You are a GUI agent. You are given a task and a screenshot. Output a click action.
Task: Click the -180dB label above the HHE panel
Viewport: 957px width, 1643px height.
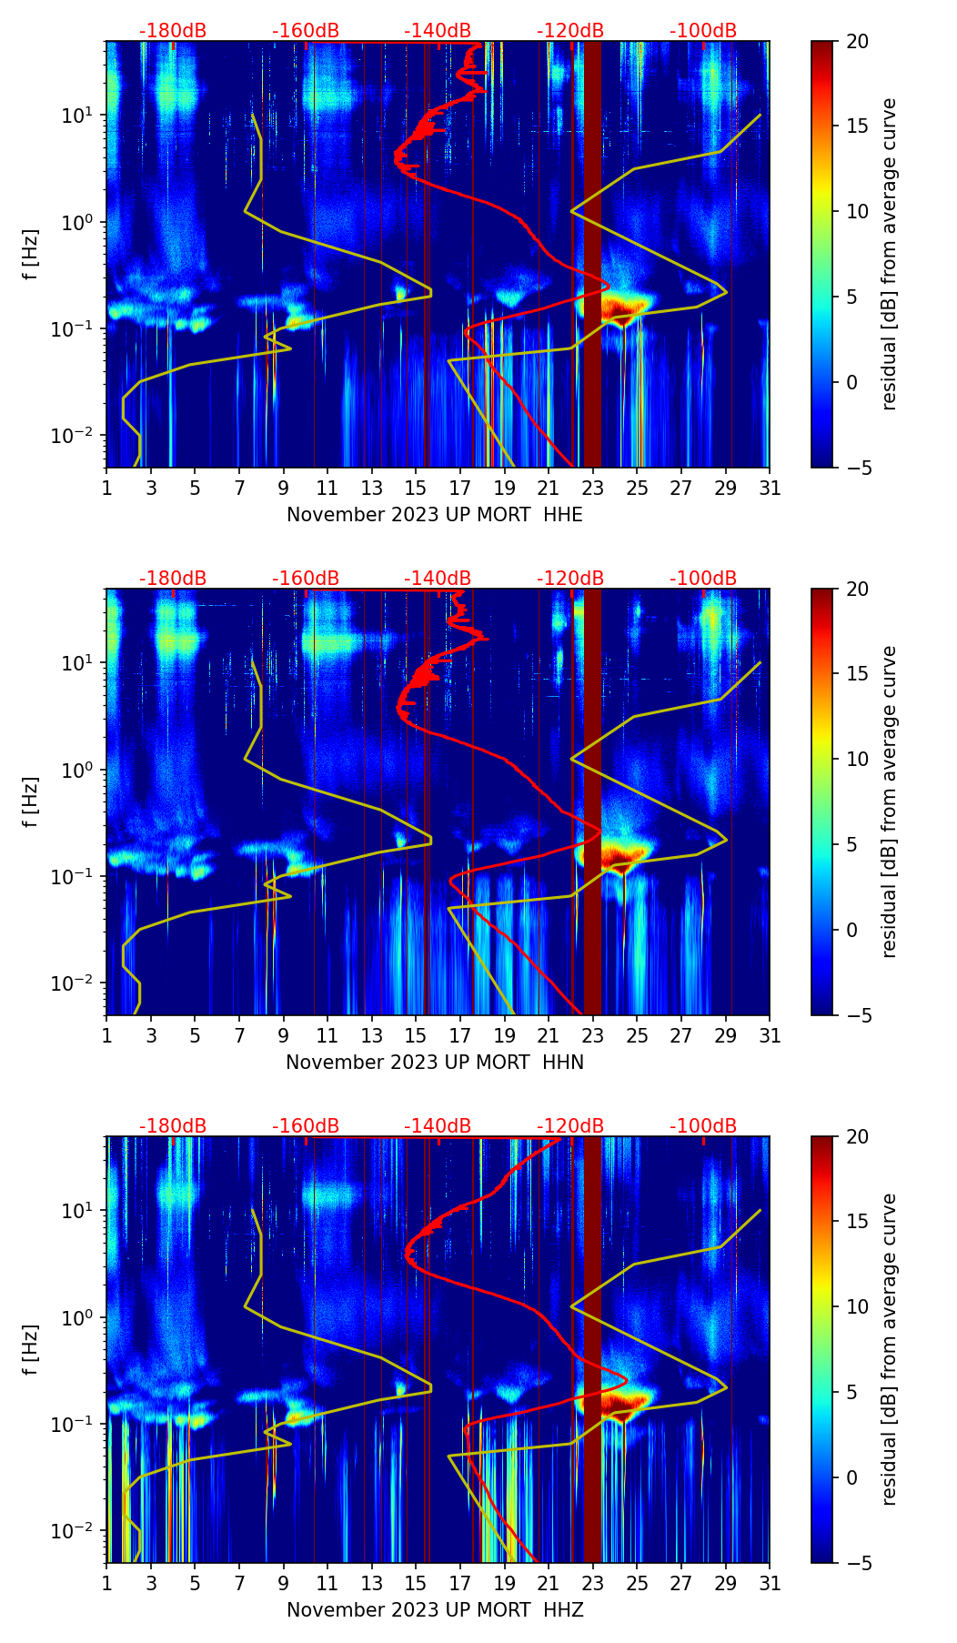(173, 31)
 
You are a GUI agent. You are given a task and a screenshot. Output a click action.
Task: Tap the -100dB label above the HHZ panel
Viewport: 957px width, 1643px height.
(703, 1126)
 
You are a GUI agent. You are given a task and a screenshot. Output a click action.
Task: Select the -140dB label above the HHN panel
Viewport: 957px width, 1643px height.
(438, 579)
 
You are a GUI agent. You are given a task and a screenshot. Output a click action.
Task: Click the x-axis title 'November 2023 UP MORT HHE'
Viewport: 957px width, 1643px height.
(435, 515)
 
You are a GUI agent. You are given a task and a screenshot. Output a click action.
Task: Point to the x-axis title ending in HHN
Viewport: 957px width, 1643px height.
(435, 1063)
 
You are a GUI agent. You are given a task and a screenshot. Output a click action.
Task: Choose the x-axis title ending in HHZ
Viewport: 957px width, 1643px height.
(435, 1610)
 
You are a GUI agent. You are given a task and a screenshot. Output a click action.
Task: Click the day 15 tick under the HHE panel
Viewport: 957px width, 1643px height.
(416, 488)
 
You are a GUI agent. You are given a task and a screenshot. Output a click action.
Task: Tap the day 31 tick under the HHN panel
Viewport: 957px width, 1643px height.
(770, 1035)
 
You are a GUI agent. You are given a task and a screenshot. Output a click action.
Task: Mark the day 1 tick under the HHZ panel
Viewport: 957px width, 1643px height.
(107, 1583)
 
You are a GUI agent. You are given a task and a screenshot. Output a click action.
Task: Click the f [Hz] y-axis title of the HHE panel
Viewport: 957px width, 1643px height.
(31, 254)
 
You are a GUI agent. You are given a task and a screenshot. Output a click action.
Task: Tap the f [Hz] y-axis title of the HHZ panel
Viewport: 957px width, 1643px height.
(31, 1349)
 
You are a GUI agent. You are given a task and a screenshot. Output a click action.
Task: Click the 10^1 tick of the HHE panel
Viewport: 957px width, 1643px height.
(82, 116)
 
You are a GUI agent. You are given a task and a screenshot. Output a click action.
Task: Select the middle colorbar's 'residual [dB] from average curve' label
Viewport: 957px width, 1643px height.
(890, 801)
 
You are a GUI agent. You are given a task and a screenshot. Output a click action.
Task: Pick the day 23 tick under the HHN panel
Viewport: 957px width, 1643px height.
(592, 1035)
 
